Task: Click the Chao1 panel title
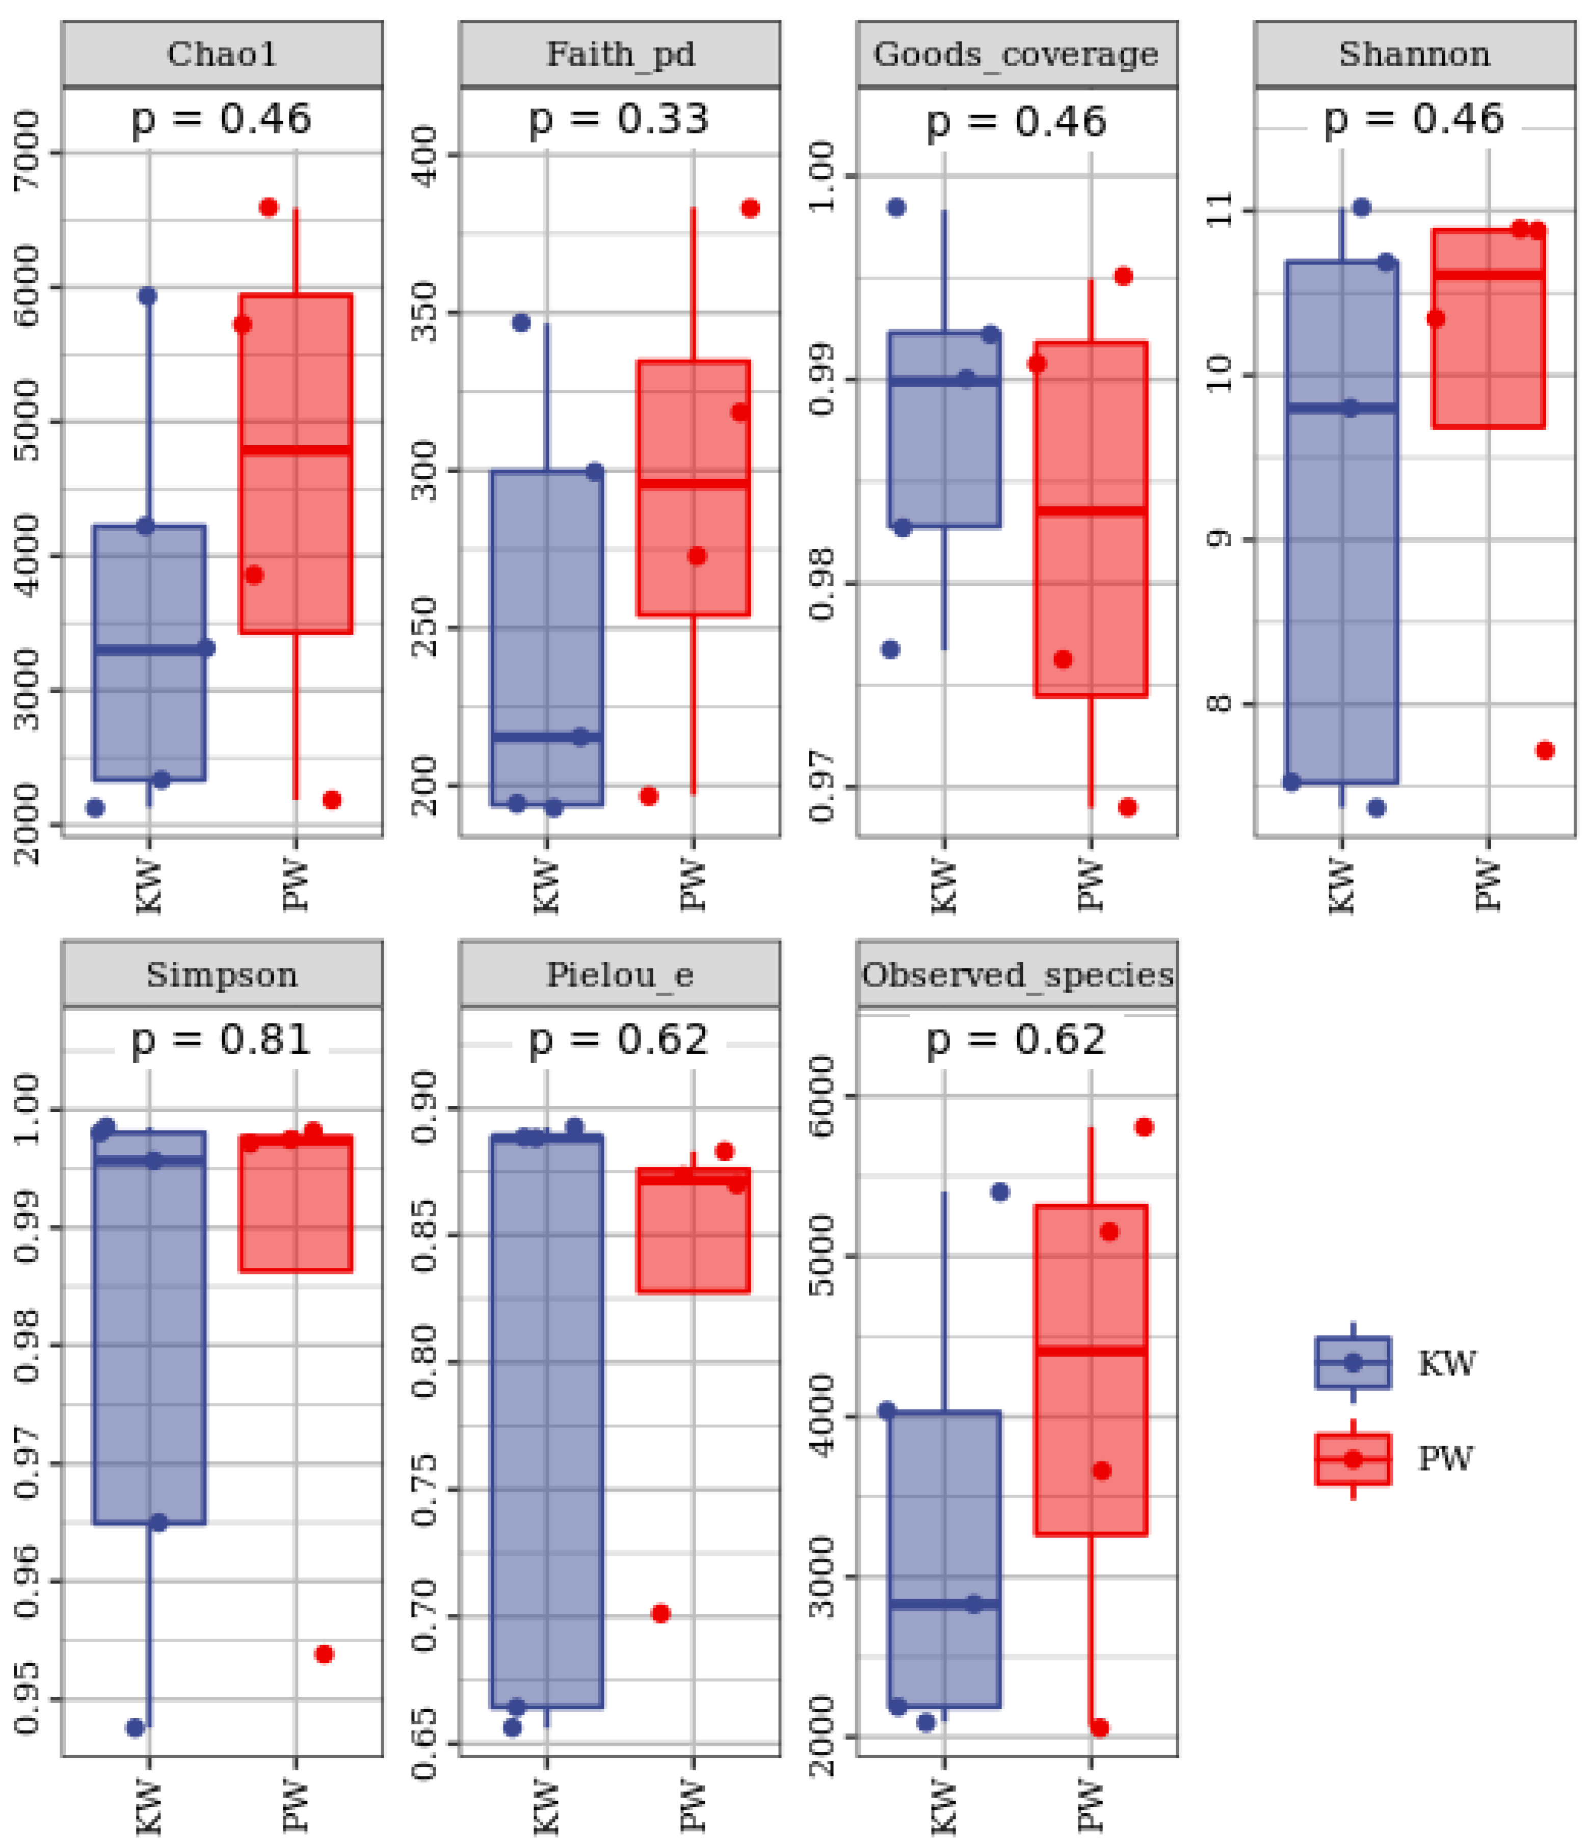coord(222,55)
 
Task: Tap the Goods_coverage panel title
coord(1016,55)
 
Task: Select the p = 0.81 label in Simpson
coord(222,1039)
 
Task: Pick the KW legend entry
coord(1446,1363)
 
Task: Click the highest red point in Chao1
coord(268,207)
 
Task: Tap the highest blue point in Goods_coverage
coord(897,207)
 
